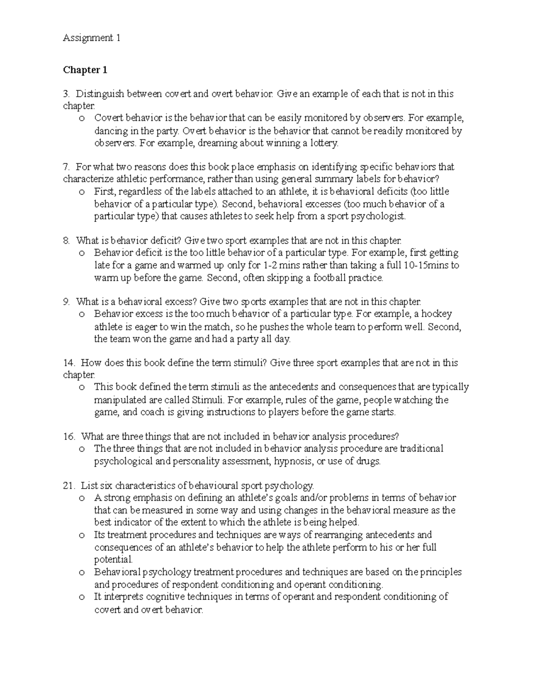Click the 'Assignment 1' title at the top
click(x=91, y=38)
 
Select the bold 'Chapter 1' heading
click(x=85, y=70)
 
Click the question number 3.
click(x=66, y=94)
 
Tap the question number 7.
click(x=66, y=167)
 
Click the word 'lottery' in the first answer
click(x=324, y=144)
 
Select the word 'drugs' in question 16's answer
click(x=369, y=461)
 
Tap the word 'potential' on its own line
click(x=113, y=560)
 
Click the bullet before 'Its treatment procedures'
click(x=81, y=535)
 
